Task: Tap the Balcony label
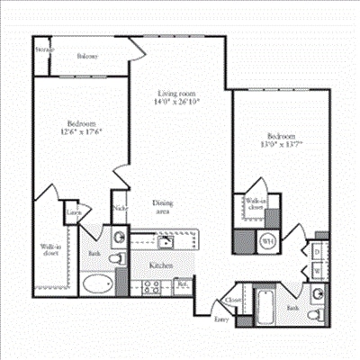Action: tap(87, 56)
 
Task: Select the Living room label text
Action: tap(177, 93)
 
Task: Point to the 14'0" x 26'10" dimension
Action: tap(177, 102)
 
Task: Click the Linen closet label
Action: tap(72, 213)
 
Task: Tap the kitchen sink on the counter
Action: tap(166, 241)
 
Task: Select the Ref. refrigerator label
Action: tap(182, 285)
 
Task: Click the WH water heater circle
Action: tap(267, 241)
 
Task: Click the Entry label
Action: tap(221, 319)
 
